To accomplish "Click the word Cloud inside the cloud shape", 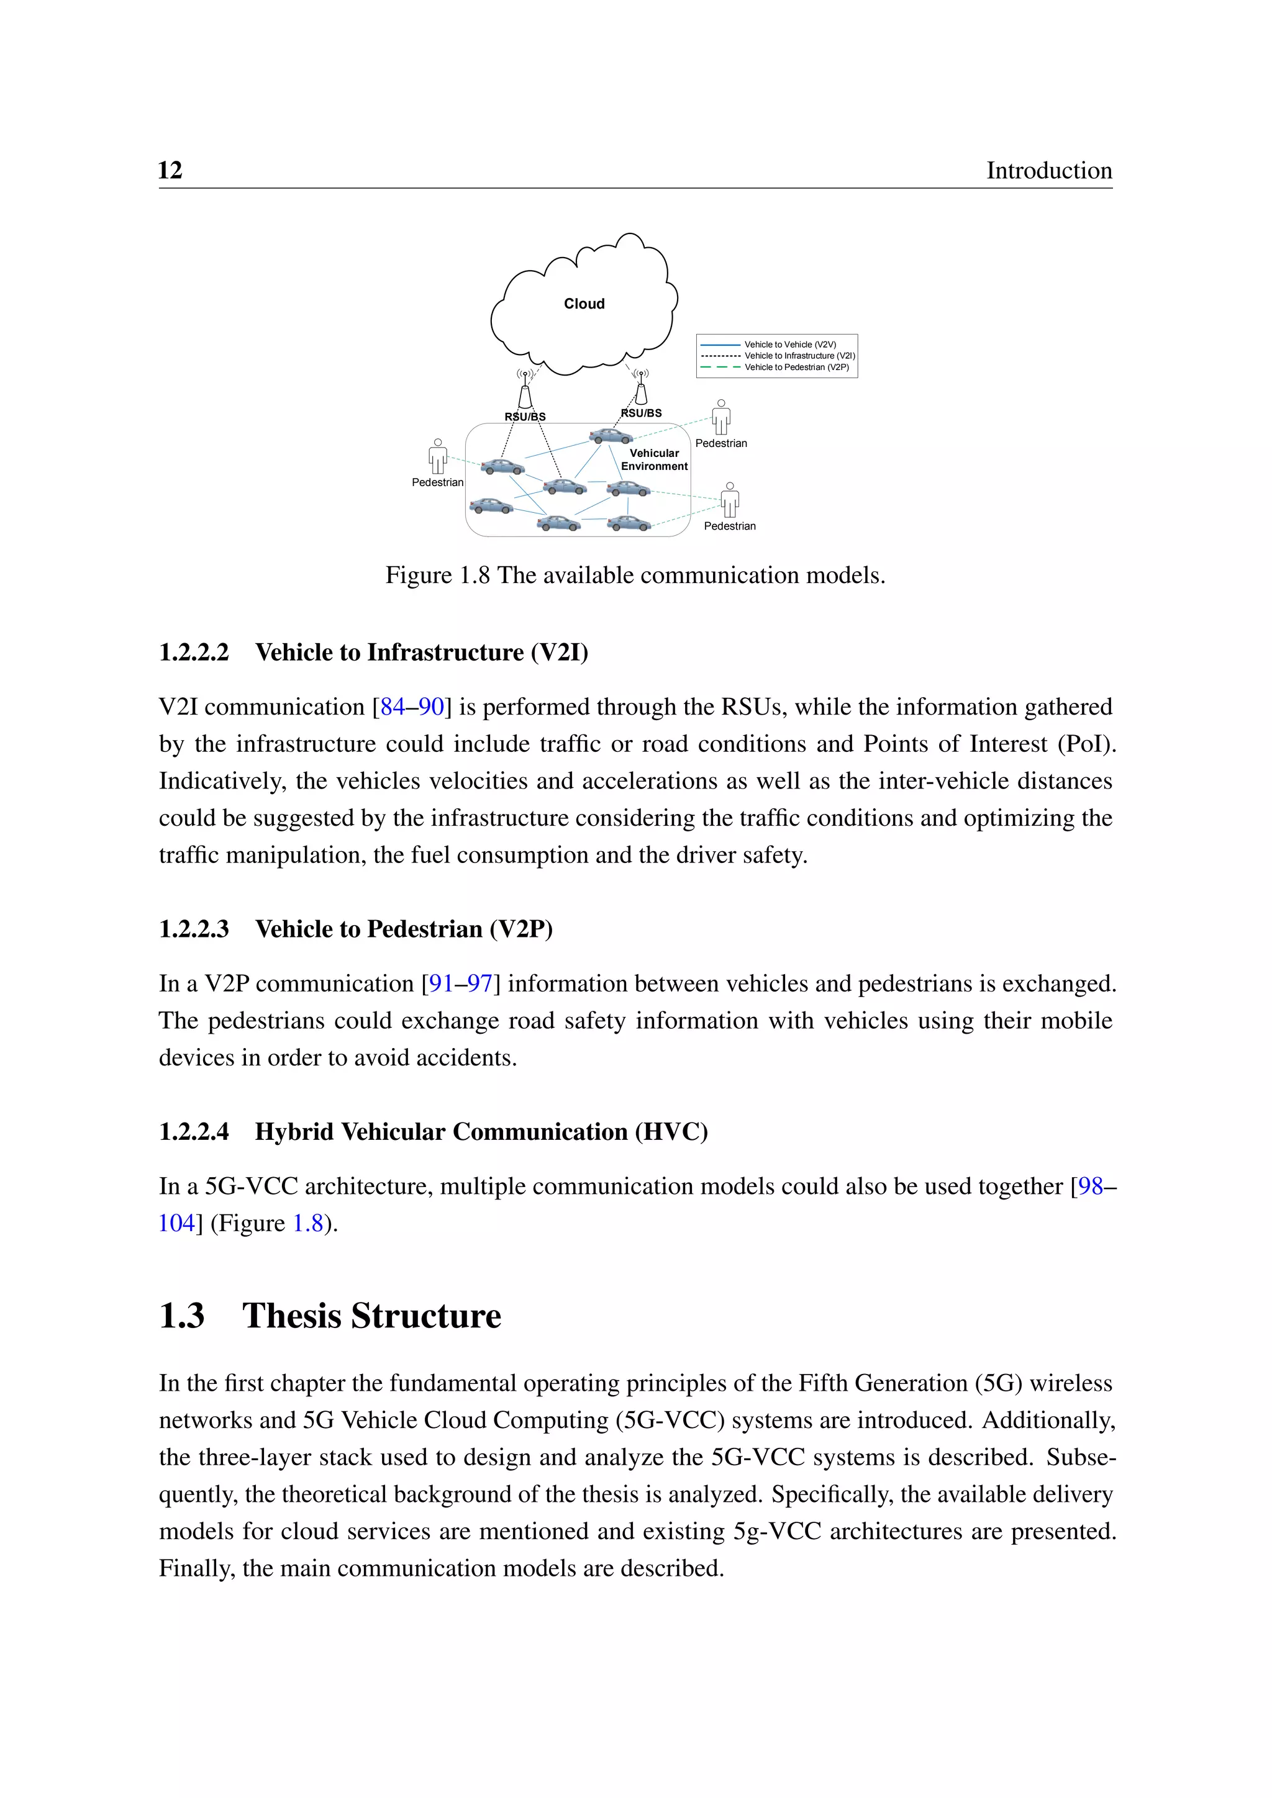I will pos(584,304).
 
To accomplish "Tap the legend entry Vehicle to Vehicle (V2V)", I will pos(789,345).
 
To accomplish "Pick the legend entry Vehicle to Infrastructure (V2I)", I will pos(799,356).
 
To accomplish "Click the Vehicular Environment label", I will pos(654,459).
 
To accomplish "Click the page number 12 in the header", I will pos(170,170).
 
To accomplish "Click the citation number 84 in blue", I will pos(393,707).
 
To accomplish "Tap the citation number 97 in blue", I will pos(479,983).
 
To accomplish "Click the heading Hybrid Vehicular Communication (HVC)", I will pos(481,1132).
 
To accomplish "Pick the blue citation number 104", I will pos(176,1223).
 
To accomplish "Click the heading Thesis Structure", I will pos(371,1316).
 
